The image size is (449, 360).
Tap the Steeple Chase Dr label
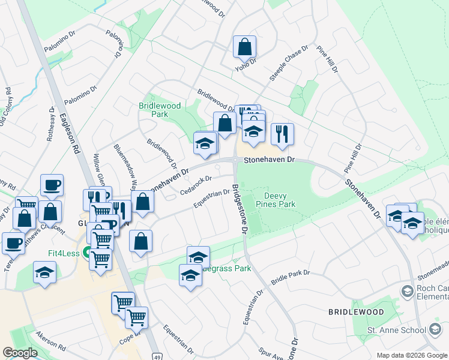pyautogui.click(x=288, y=63)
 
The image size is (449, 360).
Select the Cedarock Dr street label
pyautogui.click(x=196, y=185)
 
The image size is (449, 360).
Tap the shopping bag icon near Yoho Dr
pyautogui.click(x=245, y=47)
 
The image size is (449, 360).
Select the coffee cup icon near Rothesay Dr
pyautogui.click(x=52, y=185)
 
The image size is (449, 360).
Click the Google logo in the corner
pyautogui.click(x=20, y=353)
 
